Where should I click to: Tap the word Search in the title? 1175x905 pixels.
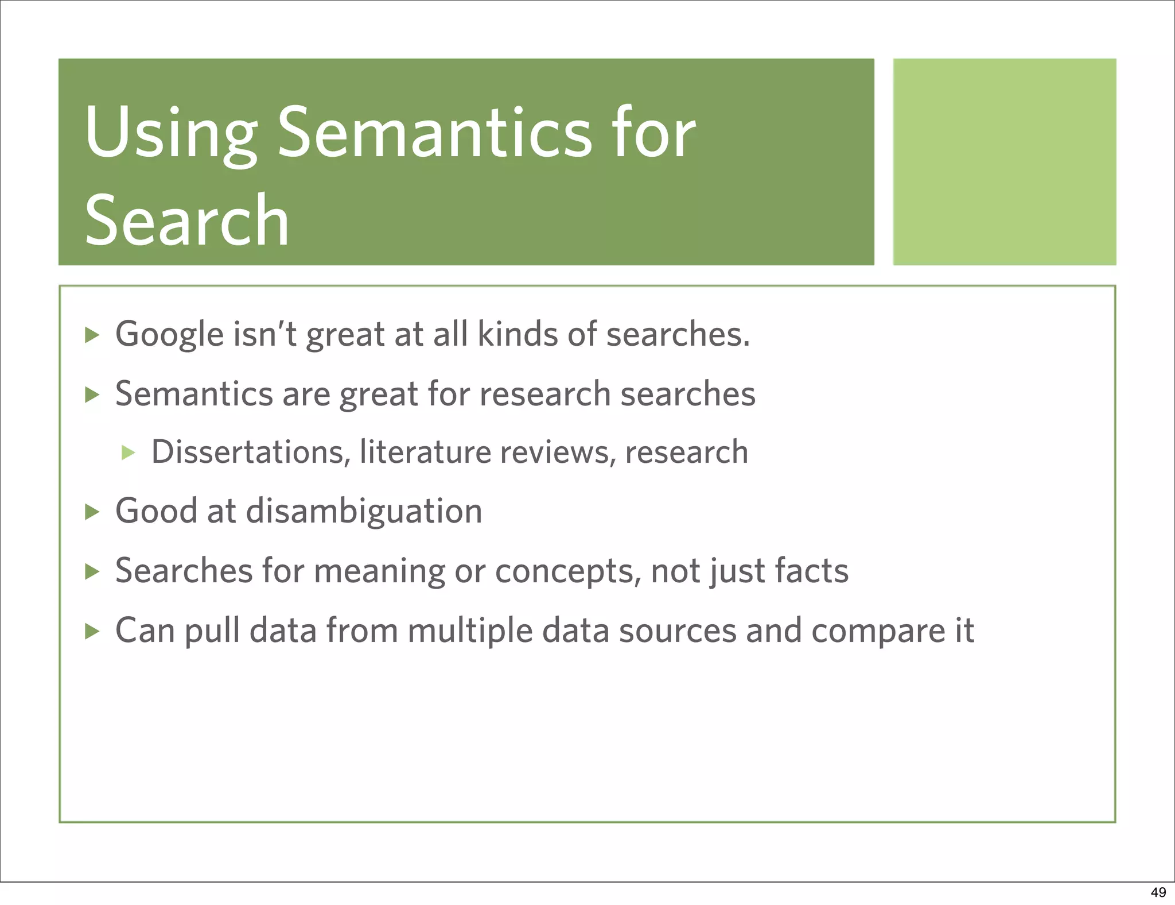(x=187, y=221)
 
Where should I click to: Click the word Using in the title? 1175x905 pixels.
(x=170, y=135)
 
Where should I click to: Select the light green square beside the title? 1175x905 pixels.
(x=1004, y=161)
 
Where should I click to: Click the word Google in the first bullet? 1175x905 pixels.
(x=169, y=334)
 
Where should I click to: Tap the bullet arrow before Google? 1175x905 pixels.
(x=92, y=335)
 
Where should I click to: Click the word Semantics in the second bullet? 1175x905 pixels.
(x=194, y=394)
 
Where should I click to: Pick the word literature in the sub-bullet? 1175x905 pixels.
(x=425, y=452)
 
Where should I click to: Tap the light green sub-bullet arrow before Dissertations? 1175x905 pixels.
(x=128, y=452)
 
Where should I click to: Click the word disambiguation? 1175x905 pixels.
(x=364, y=510)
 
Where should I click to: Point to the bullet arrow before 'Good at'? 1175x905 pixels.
(x=92, y=511)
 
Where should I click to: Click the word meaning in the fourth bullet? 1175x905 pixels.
(x=379, y=571)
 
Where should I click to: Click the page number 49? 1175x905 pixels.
(x=1158, y=892)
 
